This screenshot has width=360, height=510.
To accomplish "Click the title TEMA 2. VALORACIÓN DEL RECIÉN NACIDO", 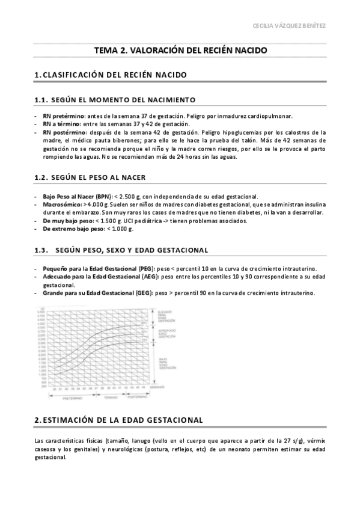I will tap(180, 51).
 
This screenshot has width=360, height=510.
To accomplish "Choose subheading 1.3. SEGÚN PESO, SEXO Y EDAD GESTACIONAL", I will tap(121, 249).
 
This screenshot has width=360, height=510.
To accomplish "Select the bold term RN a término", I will tap(60, 123).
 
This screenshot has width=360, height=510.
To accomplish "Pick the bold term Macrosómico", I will tap(63, 204).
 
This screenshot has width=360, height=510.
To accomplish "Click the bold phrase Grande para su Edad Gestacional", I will tap(90, 293).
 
